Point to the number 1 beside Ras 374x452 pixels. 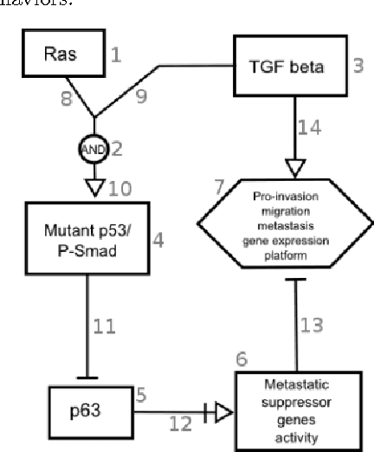tap(116, 55)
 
